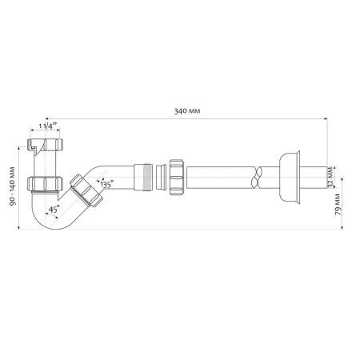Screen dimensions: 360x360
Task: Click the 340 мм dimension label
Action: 185,109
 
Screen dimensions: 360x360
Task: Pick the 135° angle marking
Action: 106,183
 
